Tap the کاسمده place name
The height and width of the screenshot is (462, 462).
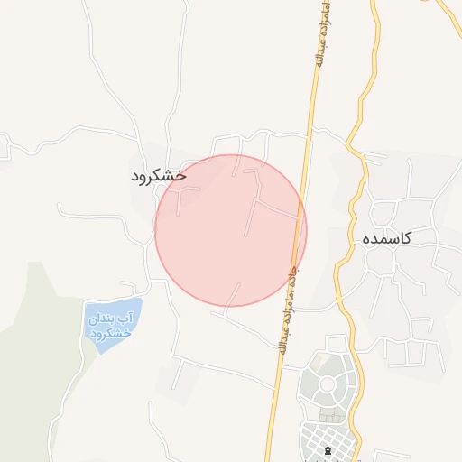(387, 238)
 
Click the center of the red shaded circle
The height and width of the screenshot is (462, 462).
(231, 230)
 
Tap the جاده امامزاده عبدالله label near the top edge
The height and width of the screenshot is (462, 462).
(320, 36)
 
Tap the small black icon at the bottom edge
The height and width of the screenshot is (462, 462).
(328, 449)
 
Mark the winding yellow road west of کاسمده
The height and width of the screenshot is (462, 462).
(344, 262)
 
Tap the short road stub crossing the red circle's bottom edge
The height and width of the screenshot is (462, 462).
(236, 296)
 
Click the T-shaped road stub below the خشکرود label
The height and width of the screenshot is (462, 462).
(186, 199)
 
